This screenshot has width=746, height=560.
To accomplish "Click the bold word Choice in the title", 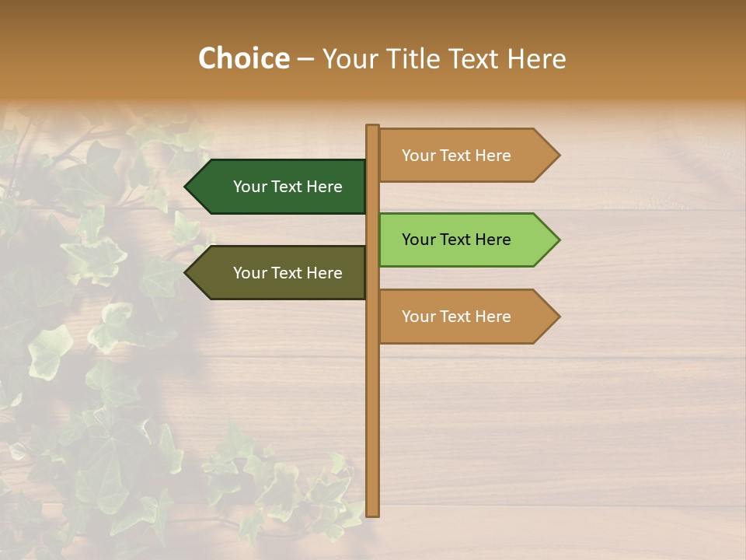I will pos(243,59).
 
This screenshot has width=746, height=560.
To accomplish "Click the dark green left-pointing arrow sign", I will pos(280,187).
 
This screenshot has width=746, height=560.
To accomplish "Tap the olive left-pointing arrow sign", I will pos(280,273).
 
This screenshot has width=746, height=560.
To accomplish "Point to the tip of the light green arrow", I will pos(558,240).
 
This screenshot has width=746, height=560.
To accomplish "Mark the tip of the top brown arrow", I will pos(558,156).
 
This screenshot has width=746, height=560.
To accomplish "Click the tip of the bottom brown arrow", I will pos(558,317).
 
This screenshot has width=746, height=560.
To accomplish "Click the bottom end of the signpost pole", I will pos(373,513).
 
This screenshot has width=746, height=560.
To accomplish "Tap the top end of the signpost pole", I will pos(373,127).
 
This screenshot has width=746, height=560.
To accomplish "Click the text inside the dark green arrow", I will pos(288,187).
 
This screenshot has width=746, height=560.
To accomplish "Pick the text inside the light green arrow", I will pos(456,240).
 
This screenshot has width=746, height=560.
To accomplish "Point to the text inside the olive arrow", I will pos(288,273).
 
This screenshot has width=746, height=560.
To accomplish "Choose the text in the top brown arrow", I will pos(456,156).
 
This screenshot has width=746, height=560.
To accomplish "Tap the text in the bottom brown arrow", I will pos(456,317).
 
